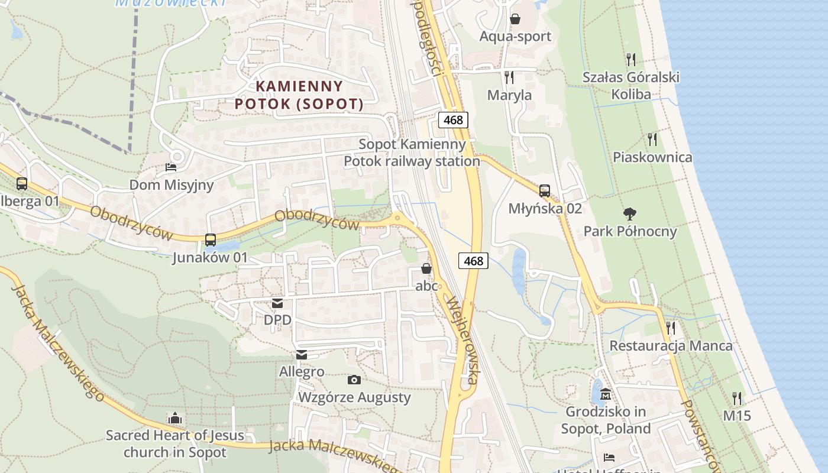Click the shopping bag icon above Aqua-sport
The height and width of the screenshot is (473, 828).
(515, 19)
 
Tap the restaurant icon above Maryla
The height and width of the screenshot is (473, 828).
(509, 77)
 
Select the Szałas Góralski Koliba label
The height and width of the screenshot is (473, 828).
(631, 86)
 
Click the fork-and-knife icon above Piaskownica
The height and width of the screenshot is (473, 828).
(652, 139)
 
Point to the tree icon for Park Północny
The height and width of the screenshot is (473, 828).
(630, 213)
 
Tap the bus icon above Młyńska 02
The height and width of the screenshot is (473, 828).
(545, 191)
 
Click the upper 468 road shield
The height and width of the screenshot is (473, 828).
(454, 120)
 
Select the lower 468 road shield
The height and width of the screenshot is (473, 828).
(473, 260)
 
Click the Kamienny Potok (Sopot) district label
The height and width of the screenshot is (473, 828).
(299, 95)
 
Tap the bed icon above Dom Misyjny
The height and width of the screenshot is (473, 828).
(171, 167)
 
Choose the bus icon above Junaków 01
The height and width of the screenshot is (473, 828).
(210, 240)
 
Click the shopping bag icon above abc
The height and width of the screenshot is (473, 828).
(426, 269)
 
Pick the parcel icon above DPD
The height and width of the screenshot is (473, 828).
(277, 303)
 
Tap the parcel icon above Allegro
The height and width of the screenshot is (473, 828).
(302, 355)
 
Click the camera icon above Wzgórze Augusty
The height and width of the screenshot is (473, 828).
(354, 380)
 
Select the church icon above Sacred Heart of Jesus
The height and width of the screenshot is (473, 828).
(174, 419)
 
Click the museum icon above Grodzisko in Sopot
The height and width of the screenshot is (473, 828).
(606, 394)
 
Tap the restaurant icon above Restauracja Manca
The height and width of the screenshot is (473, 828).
(671, 328)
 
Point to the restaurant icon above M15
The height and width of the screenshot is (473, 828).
(737, 398)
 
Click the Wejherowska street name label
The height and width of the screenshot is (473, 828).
(462, 340)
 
